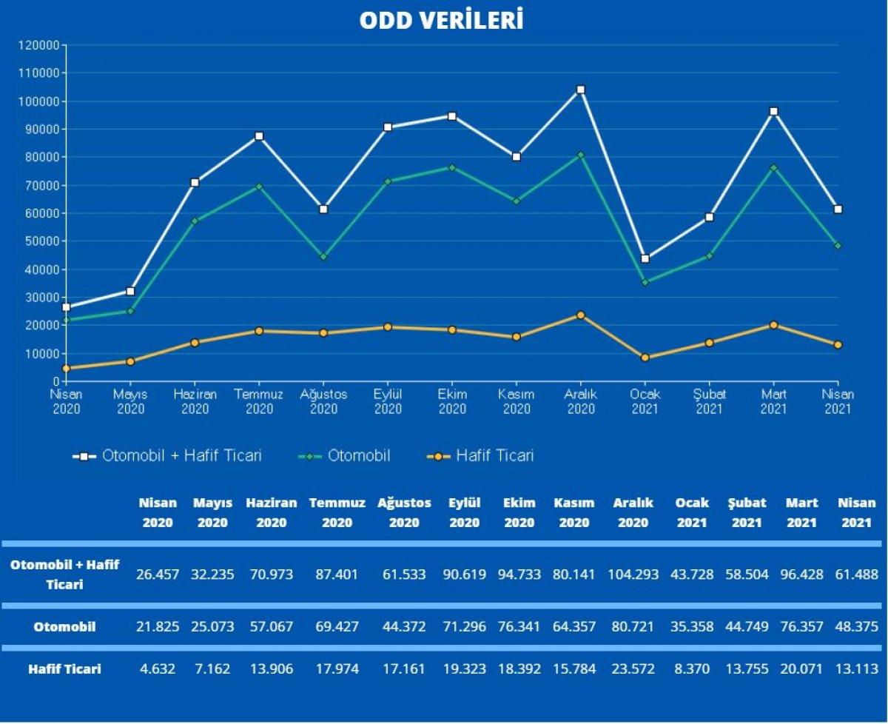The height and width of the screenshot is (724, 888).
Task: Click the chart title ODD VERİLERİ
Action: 442,20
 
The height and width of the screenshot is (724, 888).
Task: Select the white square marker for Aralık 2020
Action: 581,90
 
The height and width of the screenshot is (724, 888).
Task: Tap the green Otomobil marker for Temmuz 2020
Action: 259,187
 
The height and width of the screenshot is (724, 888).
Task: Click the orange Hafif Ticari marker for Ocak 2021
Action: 645,358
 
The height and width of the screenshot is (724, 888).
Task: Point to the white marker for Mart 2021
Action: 774,112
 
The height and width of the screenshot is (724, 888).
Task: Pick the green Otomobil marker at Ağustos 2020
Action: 323,257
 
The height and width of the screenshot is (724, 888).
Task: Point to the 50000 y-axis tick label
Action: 41,241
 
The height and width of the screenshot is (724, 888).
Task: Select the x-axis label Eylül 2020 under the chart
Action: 388,401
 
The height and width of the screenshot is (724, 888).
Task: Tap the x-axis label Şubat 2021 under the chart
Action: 709,401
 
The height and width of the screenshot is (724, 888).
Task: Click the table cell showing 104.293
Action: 633,574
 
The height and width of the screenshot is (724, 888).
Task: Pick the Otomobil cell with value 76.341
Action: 519,626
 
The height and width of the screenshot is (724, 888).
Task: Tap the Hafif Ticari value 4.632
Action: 158,669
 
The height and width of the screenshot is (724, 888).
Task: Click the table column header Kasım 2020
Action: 574,512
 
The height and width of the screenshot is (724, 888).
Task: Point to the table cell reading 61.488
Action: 855,574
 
